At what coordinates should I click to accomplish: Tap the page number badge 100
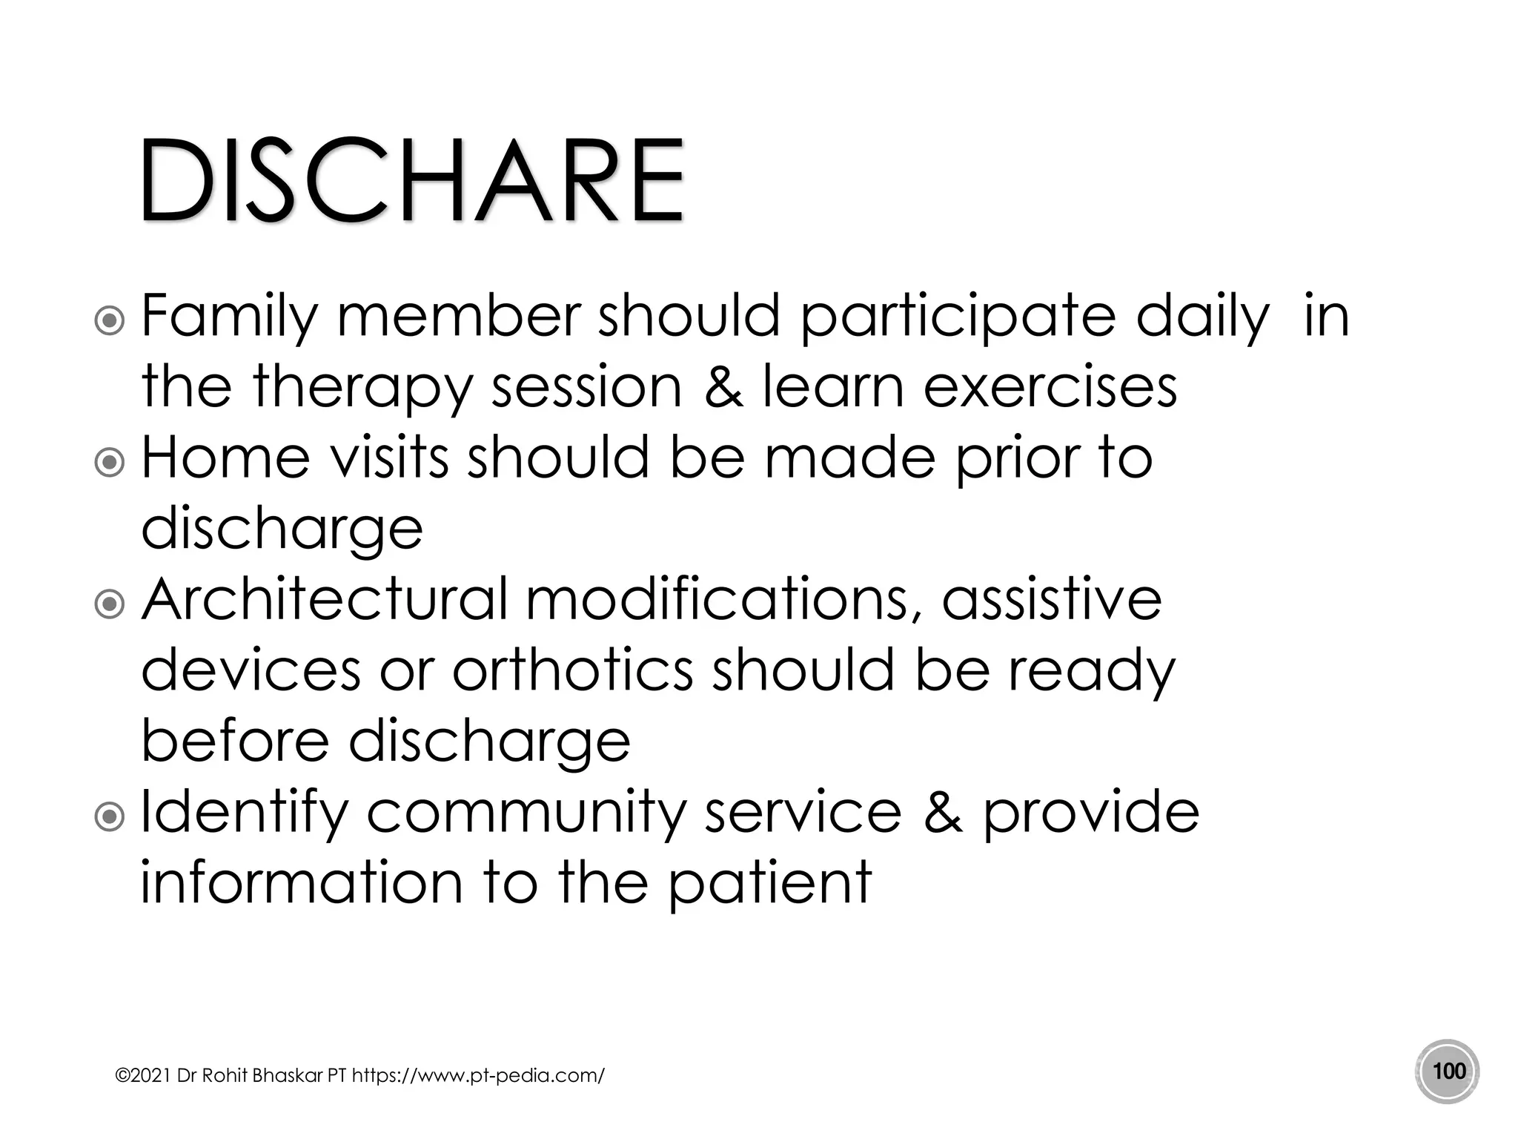tap(1448, 1072)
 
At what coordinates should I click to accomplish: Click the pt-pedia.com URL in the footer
tap(478, 1075)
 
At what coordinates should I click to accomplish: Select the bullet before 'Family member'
tap(110, 321)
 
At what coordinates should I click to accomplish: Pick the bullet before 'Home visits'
tap(110, 463)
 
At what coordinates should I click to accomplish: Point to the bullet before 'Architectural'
tap(110, 604)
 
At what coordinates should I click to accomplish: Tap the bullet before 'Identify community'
tap(110, 817)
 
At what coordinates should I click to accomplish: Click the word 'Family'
tap(229, 317)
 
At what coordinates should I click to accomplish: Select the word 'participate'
tap(958, 317)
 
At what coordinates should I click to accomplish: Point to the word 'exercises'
tap(1050, 387)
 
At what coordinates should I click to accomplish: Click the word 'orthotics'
tap(572, 670)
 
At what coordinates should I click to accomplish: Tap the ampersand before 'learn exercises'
tap(723, 387)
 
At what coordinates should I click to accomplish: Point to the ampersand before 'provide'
tap(943, 812)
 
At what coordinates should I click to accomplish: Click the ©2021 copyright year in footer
tap(144, 1075)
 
